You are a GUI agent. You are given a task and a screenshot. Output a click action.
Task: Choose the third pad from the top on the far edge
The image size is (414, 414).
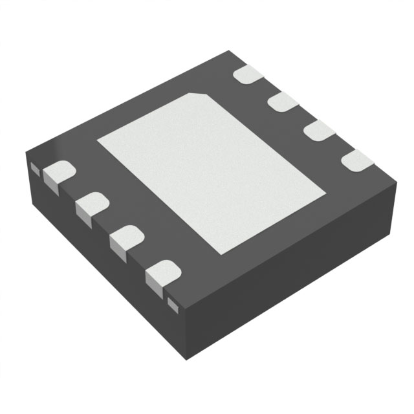[x=318, y=131]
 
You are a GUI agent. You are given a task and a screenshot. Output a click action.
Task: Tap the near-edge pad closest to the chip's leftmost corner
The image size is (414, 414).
[x=58, y=173]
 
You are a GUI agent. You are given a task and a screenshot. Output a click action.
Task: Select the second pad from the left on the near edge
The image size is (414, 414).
[x=91, y=206]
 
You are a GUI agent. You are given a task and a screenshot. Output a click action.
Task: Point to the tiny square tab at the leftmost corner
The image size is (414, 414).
[x=35, y=168]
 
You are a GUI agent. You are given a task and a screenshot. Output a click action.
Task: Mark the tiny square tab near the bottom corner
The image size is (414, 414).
[x=172, y=301]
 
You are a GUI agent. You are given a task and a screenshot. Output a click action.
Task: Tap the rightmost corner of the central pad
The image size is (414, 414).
[x=325, y=191]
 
